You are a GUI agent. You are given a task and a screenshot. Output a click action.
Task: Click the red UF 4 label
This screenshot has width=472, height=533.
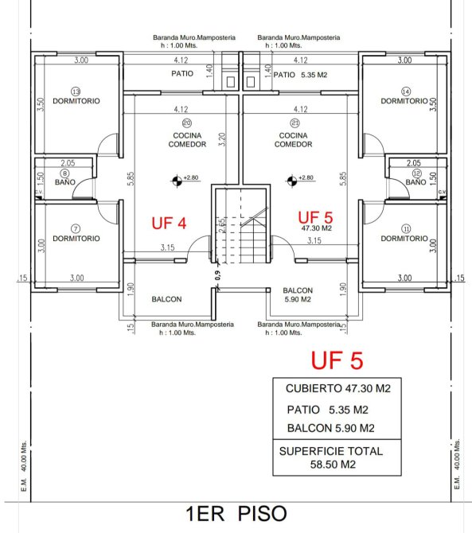tap(169, 224)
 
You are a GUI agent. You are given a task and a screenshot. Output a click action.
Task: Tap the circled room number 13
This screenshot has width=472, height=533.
tap(76, 91)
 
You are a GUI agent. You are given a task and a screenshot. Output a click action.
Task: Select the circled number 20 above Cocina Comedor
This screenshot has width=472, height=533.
tap(187, 123)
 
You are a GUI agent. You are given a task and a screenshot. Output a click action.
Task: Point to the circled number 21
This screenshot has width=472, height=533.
tap(295, 123)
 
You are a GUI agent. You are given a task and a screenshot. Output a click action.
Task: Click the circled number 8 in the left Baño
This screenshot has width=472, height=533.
tap(64, 173)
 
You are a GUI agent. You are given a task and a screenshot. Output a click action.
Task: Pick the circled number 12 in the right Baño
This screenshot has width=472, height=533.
tap(416, 173)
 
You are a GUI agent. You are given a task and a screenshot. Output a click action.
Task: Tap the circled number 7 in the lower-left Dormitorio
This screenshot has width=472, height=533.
tap(76, 229)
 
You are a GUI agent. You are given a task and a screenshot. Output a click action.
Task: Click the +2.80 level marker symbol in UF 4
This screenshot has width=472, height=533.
tap(177, 181)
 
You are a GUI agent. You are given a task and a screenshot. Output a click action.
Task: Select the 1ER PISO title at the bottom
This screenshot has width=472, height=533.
tap(236, 513)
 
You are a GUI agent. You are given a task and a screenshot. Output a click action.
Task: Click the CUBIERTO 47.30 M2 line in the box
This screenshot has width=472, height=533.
tap(338, 388)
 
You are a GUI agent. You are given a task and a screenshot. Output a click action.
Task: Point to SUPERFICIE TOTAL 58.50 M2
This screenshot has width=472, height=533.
tap(331, 457)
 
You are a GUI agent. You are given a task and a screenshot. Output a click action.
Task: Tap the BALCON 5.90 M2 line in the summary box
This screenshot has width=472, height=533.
tap(331, 428)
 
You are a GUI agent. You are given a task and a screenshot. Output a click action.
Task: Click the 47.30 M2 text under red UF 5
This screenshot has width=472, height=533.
tap(316, 228)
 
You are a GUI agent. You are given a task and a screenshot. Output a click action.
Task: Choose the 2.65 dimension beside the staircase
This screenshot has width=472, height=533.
tap(222, 225)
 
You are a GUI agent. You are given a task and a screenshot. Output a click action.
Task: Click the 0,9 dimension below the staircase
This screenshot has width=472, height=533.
tap(217, 275)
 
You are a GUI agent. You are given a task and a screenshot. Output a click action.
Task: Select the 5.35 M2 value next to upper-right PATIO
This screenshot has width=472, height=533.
tap(314, 75)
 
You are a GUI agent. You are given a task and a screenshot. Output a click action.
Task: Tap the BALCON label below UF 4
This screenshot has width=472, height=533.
tap(166, 299)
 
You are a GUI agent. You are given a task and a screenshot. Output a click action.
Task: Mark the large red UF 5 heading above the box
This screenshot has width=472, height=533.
tap(337, 360)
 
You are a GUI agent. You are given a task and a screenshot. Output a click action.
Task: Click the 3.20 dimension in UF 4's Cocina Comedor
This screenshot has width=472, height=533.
tap(222, 139)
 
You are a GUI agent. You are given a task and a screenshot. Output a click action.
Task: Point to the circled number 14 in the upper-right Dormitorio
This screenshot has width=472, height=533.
tap(406, 91)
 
